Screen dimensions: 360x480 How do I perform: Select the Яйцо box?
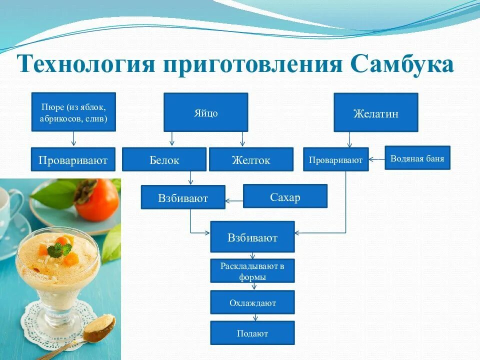(205, 112)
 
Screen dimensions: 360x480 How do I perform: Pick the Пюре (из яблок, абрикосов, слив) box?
(73, 112)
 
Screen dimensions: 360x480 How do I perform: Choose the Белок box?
(164, 159)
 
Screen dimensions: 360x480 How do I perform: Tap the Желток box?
(250, 159)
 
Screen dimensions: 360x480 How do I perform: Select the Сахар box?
(285, 196)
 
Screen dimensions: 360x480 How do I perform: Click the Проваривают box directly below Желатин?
(335, 159)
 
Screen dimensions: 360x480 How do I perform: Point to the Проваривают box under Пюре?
(73, 159)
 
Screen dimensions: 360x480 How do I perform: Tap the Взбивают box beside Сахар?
(183, 197)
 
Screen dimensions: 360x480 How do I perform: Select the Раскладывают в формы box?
(252, 271)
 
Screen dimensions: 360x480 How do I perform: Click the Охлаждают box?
(252, 302)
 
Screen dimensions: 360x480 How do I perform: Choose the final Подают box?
(252, 333)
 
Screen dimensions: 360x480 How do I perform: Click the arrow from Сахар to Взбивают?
(234, 201)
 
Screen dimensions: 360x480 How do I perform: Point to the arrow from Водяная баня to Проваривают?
(376, 159)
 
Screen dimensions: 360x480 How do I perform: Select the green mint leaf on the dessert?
(59, 249)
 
